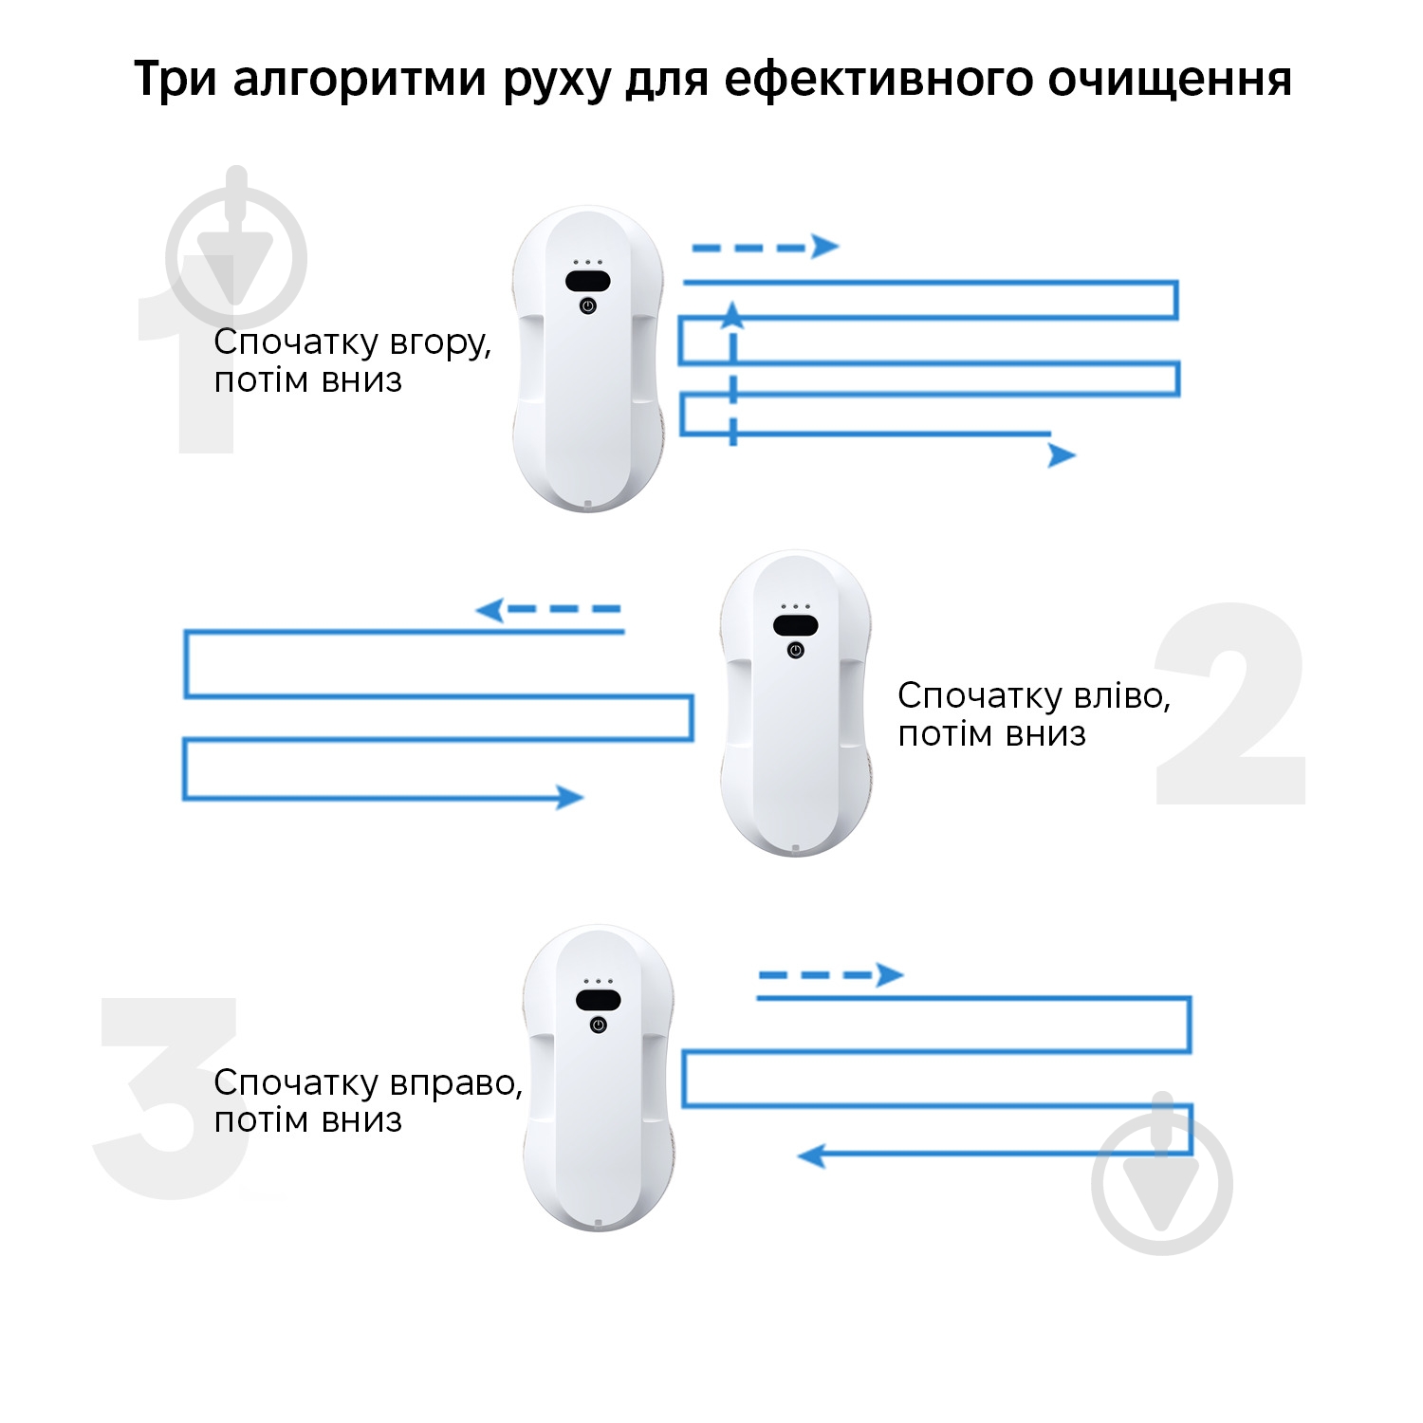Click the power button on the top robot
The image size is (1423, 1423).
588,305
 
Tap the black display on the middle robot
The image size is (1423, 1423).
795,625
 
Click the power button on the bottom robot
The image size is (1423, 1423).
599,1026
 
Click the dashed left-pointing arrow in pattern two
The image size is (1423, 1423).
547,609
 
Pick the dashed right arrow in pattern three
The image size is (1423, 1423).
830,974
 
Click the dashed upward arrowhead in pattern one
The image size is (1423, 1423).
732,316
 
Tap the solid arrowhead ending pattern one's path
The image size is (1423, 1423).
1062,455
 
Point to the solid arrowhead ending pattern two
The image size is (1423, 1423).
569,797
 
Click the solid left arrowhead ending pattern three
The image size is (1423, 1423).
811,1155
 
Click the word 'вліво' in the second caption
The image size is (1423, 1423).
1123,696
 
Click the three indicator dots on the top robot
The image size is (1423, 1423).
587,262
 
